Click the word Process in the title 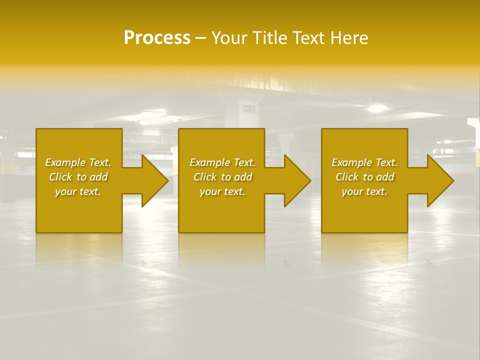pos(157,38)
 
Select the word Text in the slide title pos(309,38)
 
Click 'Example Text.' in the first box pos(78,162)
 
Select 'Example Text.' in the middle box pos(222,162)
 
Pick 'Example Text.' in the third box pos(364,162)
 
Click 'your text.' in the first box pos(78,191)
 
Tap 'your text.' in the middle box pos(222,191)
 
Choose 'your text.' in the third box pos(364,191)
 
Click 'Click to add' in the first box pos(78,177)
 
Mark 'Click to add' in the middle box pos(222,177)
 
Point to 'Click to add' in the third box pos(364,177)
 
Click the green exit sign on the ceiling pos(248,108)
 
